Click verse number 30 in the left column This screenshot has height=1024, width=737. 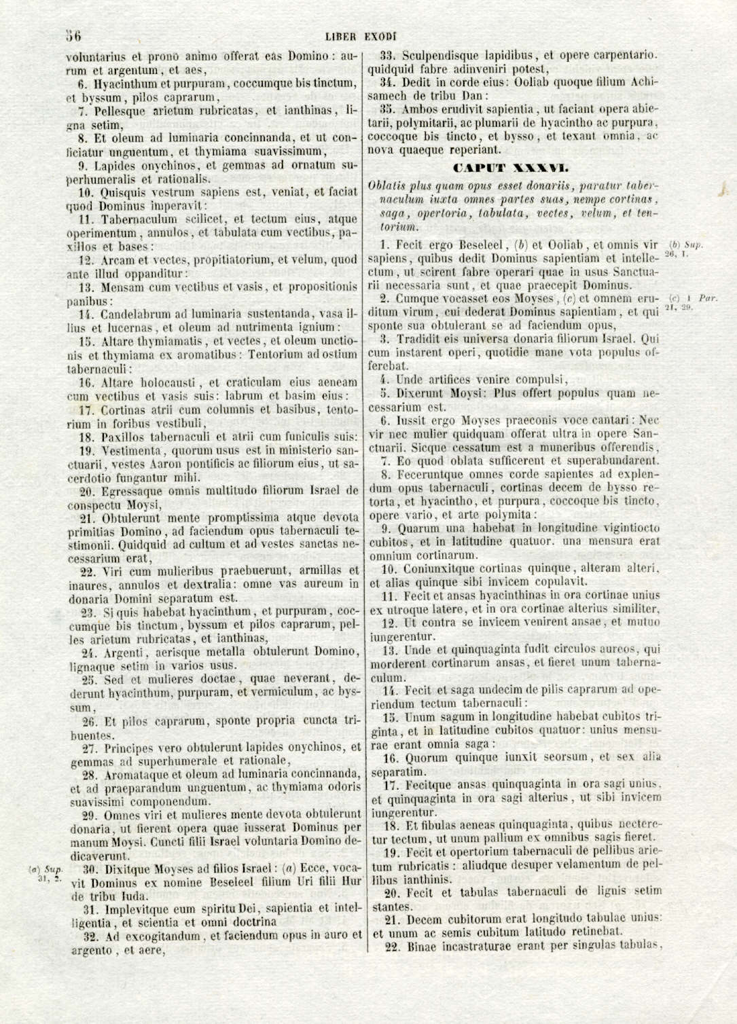pyautogui.click(x=88, y=869)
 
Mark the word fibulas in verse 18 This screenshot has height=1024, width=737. pyautogui.click(x=439, y=826)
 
